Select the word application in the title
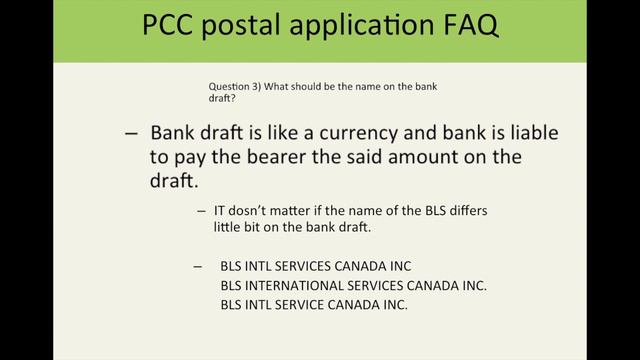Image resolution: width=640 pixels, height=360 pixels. coord(381,27)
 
